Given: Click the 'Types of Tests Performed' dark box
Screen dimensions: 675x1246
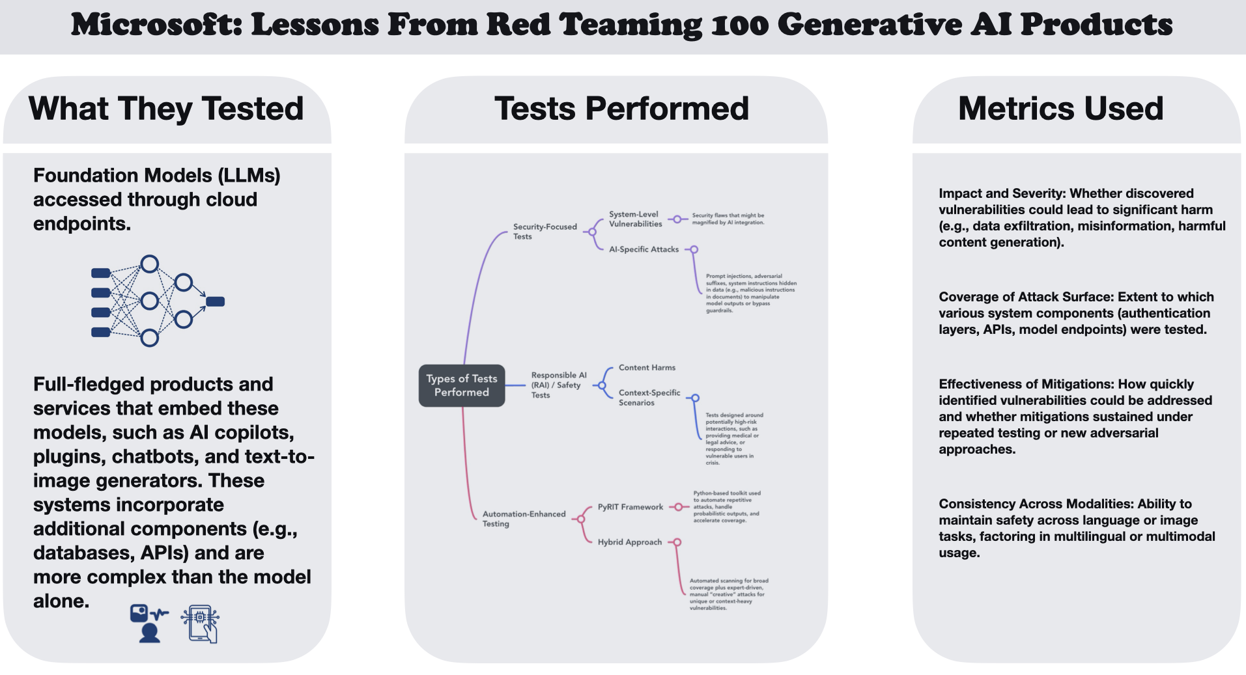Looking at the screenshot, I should pos(461,385).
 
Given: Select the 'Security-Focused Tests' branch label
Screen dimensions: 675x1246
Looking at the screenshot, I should pos(545,232).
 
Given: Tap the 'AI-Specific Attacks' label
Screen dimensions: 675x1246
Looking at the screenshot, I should pos(644,249).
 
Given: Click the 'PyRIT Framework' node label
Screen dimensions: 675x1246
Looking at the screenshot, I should pos(630,507).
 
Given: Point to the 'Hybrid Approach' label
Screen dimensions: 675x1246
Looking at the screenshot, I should pos(629,542).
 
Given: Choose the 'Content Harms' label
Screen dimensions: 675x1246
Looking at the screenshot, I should pos(647,368).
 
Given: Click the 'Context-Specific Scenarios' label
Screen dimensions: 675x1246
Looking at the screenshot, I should pos(649,398).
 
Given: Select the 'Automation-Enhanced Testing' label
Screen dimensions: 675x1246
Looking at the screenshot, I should pos(524,519).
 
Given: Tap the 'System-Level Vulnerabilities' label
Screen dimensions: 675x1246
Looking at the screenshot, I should pos(635,219).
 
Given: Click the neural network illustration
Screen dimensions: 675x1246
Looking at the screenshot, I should pos(158,301).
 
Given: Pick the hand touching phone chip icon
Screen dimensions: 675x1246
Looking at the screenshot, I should pos(201,624).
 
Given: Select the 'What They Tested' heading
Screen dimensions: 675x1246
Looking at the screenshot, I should pos(166,109).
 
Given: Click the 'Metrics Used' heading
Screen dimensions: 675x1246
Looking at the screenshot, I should pos(1060,109).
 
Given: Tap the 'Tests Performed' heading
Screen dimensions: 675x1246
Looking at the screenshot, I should pos(621,109).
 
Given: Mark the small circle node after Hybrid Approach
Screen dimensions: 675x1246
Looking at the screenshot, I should pos(677,542).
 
